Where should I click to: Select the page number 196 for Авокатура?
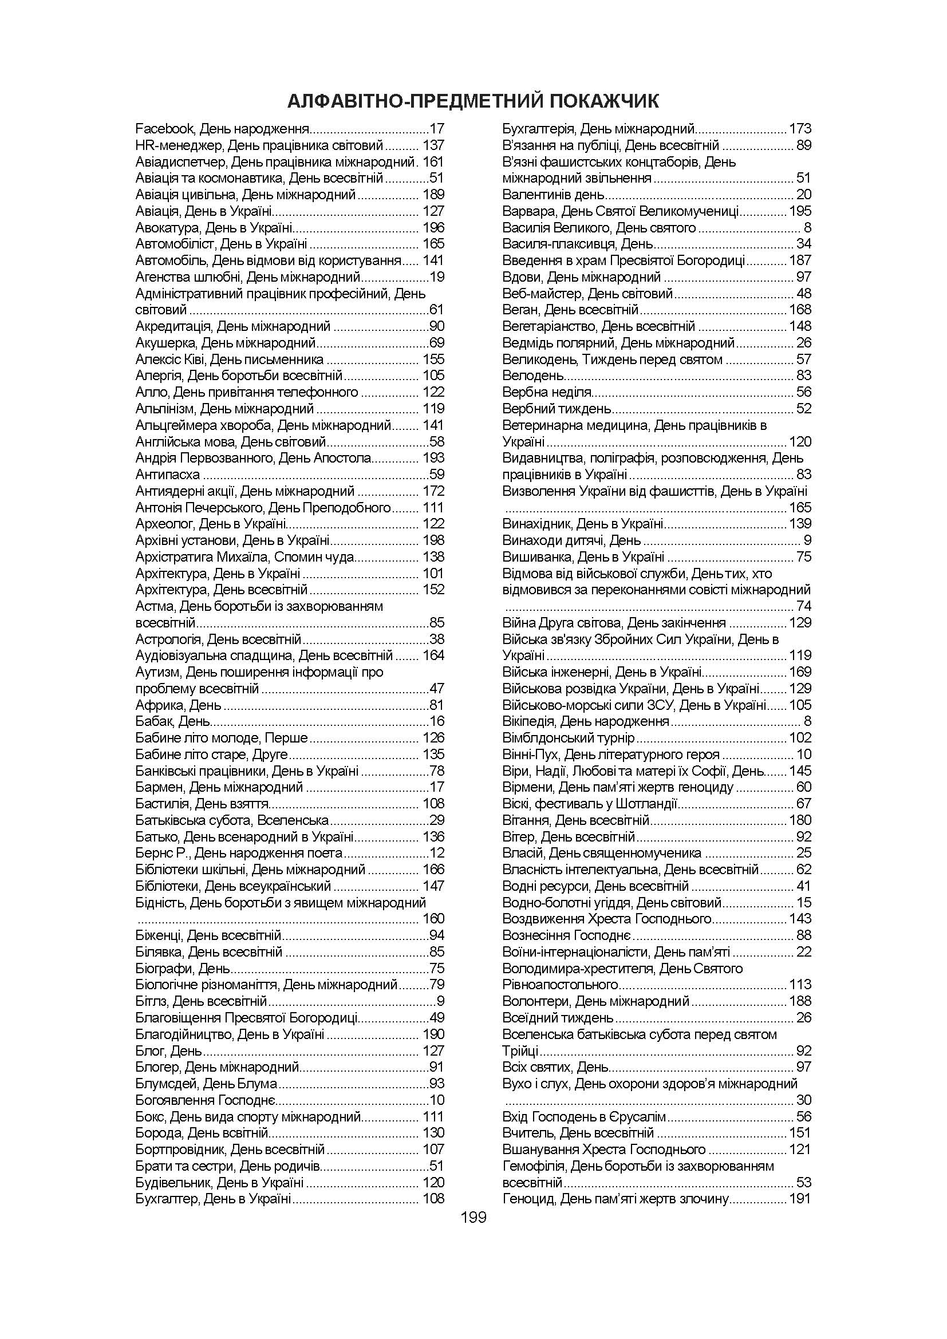pos(433,227)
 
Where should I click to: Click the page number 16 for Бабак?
pos(437,721)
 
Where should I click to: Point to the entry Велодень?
pos(533,376)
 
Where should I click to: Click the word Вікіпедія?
pos(529,721)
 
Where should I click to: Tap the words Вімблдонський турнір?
pos(568,738)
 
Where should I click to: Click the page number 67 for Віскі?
pos(803,804)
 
